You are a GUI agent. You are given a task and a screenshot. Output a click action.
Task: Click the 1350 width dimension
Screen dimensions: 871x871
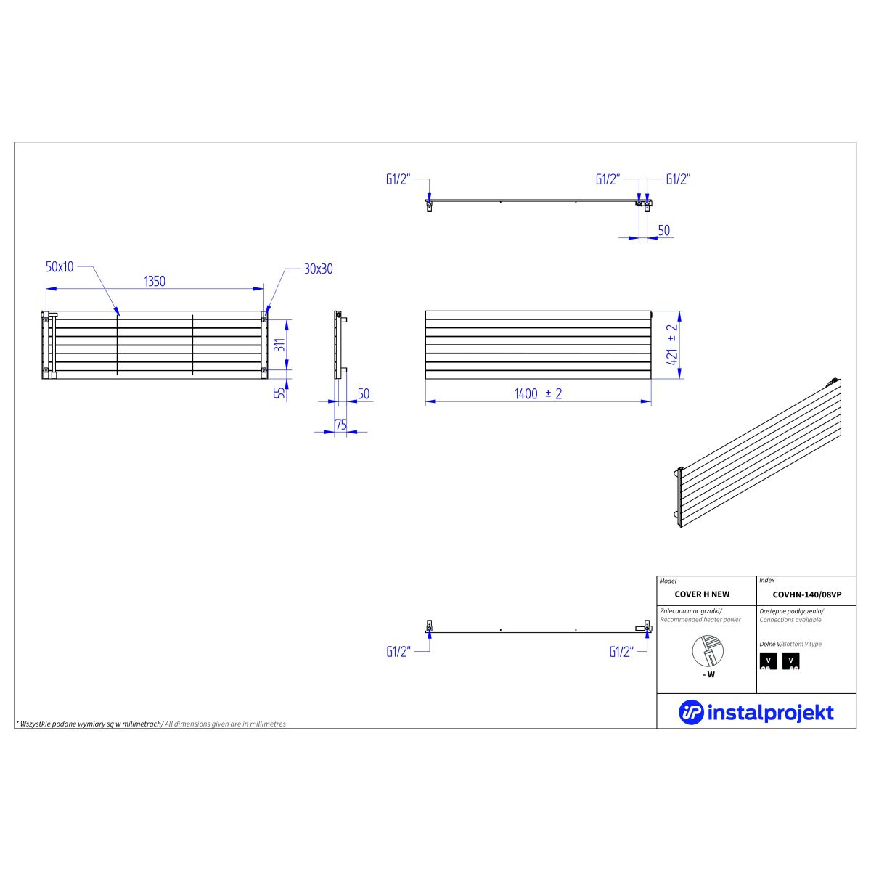click(x=155, y=281)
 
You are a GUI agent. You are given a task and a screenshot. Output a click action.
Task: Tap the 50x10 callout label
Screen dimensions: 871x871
click(x=60, y=266)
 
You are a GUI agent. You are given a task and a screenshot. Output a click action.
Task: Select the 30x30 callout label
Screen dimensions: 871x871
click(x=318, y=269)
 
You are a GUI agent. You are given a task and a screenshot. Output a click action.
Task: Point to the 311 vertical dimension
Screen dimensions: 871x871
click(x=280, y=345)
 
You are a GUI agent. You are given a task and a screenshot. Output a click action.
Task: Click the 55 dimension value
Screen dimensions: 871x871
click(x=280, y=393)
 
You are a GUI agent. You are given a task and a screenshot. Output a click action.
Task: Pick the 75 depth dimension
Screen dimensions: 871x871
click(x=341, y=425)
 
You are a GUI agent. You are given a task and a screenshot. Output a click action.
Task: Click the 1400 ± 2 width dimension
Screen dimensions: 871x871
click(x=538, y=393)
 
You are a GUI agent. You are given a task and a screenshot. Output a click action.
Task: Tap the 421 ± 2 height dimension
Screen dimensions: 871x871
click(x=673, y=345)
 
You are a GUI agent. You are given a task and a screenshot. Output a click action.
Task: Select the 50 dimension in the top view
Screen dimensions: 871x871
click(x=663, y=231)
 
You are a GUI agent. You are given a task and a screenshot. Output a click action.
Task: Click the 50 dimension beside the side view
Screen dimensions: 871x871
click(x=364, y=393)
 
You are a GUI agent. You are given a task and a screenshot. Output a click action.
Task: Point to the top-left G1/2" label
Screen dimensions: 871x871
click(x=398, y=179)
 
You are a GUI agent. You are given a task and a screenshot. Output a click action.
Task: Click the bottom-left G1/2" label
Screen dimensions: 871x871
click(x=398, y=651)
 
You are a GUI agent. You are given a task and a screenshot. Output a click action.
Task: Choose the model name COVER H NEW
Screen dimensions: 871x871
click(x=702, y=594)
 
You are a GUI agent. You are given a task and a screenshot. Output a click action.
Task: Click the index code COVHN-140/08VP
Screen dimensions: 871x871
click(x=807, y=595)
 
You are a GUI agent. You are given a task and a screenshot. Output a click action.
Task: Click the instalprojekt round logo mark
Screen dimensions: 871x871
click(x=691, y=712)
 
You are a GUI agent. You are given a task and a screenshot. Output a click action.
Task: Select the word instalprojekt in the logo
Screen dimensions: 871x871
click(x=770, y=713)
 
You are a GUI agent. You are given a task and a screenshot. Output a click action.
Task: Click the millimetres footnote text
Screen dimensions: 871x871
click(x=151, y=724)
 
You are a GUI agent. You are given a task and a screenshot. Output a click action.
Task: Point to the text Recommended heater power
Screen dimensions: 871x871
click(x=700, y=620)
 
